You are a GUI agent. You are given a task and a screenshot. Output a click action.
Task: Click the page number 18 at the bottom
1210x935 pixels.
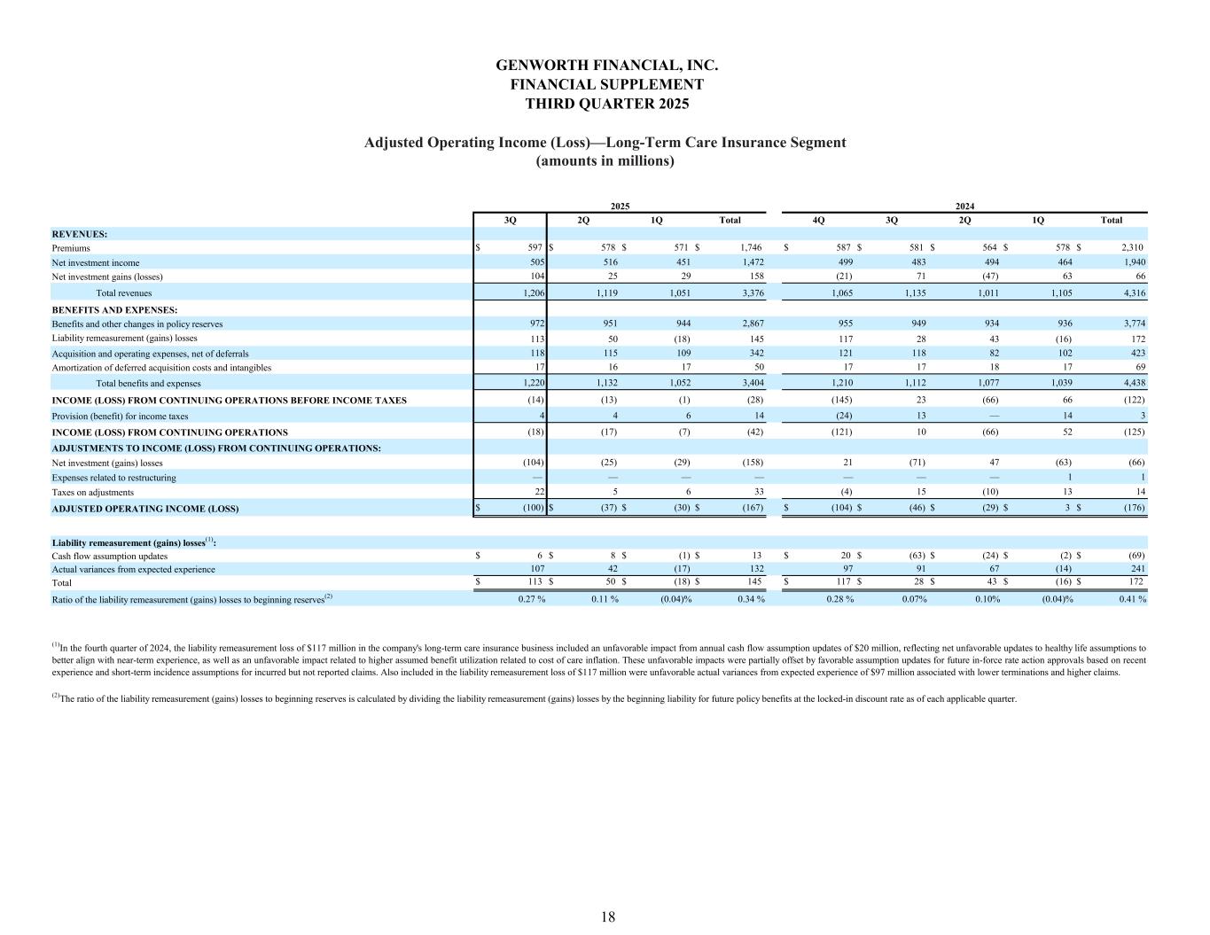[607, 916]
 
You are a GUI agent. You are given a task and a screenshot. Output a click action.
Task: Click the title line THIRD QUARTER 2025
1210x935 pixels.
[606, 104]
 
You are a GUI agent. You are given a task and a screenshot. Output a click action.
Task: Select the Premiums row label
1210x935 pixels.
[71, 248]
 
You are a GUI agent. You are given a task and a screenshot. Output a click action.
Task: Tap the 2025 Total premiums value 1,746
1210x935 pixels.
[749, 248]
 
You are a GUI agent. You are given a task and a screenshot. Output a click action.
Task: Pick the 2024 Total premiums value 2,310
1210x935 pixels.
[1132, 248]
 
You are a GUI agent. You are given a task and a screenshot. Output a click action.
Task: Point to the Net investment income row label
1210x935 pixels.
[95, 263]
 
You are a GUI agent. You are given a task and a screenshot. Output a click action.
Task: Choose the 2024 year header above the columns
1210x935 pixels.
[965, 205]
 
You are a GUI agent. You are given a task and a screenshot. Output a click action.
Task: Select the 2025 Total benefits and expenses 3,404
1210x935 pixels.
[749, 384]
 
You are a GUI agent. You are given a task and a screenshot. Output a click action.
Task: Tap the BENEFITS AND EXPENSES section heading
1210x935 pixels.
[114, 310]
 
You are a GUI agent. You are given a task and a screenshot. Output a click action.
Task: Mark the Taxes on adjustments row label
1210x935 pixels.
[92, 493]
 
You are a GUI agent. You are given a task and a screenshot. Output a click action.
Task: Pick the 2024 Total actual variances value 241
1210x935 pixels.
[1136, 570]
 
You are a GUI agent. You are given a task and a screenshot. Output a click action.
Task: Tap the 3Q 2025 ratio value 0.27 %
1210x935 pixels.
[531, 599]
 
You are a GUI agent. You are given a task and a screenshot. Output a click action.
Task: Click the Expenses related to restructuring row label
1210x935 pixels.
[113, 478]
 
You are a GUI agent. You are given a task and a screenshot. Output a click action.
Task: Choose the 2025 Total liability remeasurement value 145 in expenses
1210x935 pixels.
[755, 339]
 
